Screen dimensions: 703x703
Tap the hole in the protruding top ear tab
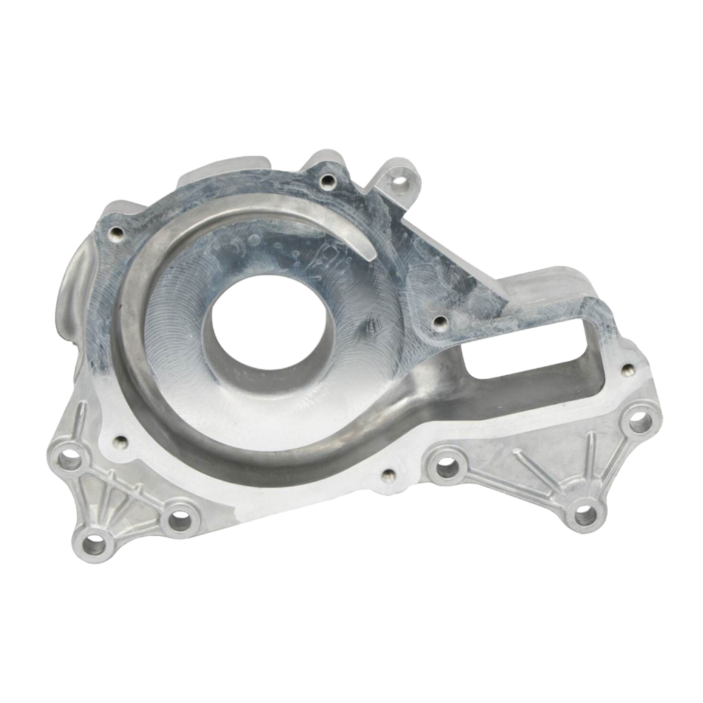[399, 182]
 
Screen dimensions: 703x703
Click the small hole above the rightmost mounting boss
[625, 371]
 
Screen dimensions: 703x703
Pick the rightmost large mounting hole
[640, 420]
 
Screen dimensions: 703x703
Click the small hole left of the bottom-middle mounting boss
[388, 474]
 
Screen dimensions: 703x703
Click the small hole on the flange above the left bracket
[122, 441]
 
